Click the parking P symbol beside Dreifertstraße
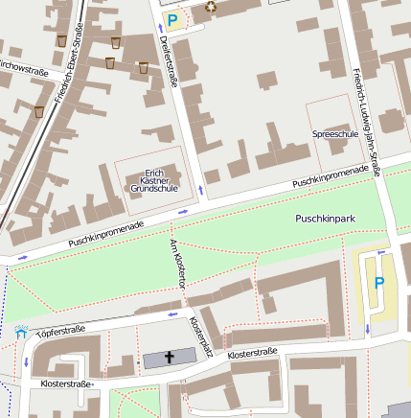click(x=172, y=18)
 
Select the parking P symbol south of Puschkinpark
click(x=379, y=283)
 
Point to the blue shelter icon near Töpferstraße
click(x=21, y=334)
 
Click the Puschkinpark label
click(x=325, y=219)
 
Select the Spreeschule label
click(x=334, y=134)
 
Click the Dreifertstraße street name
click(x=169, y=59)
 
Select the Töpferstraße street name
click(x=60, y=334)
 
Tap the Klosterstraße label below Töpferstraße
click(x=67, y=383)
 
